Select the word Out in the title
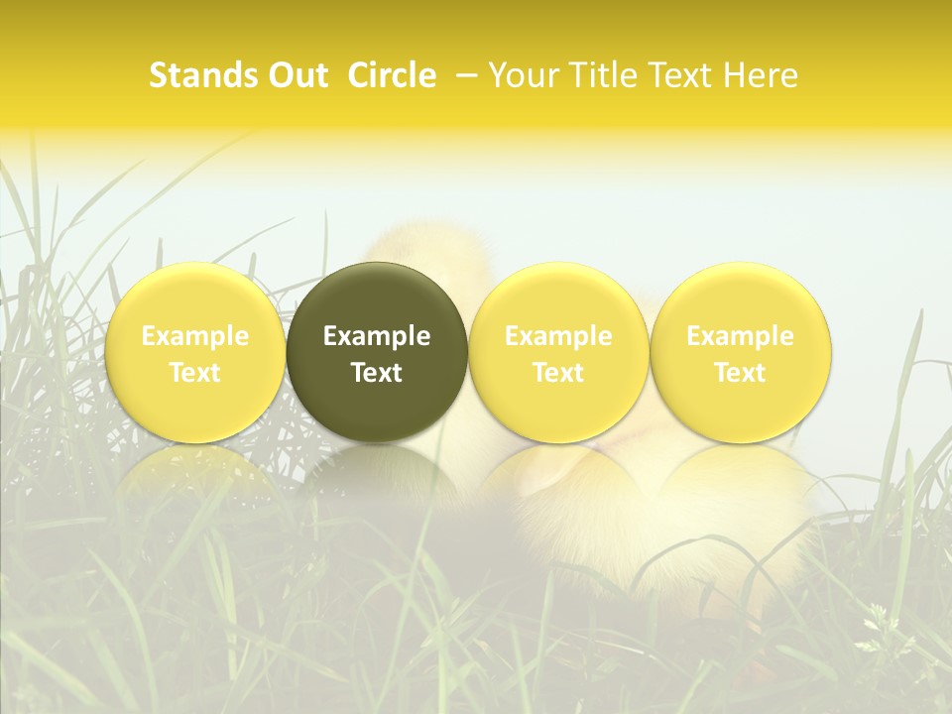296,76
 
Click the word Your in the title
520,76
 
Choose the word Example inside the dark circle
377,336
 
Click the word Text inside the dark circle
377,373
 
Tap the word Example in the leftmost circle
195,336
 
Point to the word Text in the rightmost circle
741,373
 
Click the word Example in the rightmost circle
741,336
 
